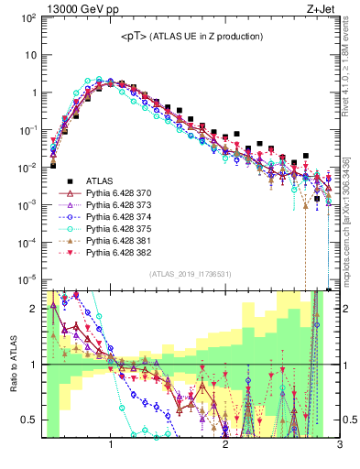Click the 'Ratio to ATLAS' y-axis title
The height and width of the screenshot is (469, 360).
[x=13, y=363]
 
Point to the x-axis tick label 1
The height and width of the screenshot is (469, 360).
[x=111, y=445]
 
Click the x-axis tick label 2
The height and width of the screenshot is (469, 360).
[x=225, y=445]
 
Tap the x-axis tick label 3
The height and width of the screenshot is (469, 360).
[x=339, y=445]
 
